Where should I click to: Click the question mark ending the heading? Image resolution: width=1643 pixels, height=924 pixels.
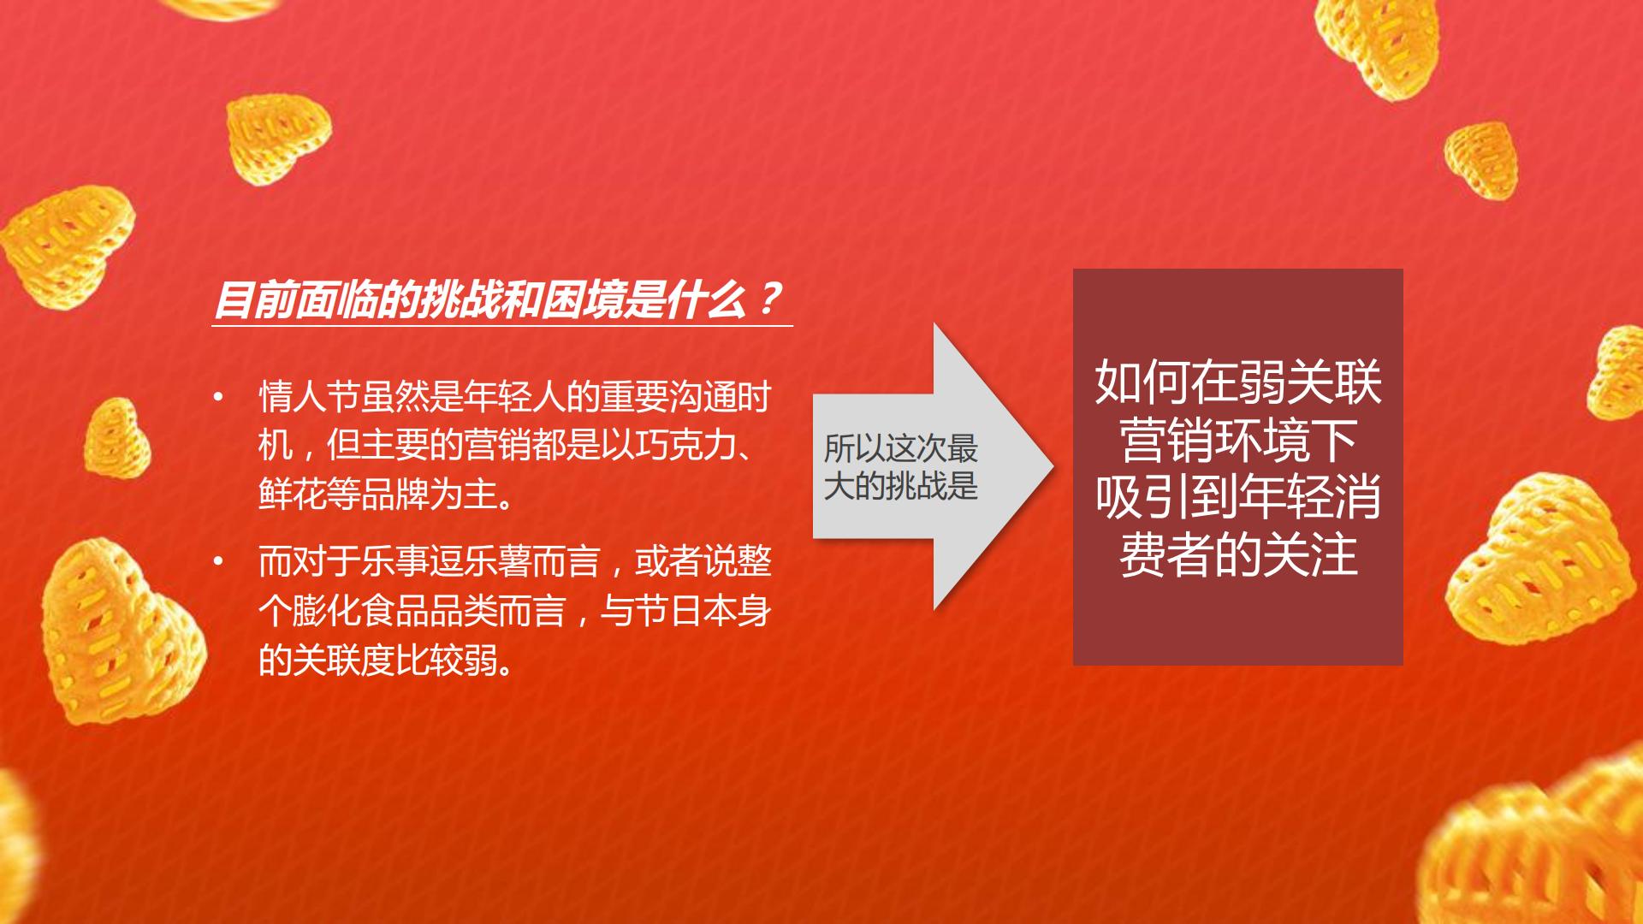[x=769, y=299]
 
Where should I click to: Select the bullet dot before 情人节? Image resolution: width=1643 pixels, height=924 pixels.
[x=219, y=397]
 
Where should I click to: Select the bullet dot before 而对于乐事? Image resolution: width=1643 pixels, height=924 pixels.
[x=219, y=561]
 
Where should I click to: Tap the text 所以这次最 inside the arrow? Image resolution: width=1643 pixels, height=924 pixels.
[x=900, y=447]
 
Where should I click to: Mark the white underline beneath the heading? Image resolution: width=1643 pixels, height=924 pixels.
[x=502, y=325]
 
